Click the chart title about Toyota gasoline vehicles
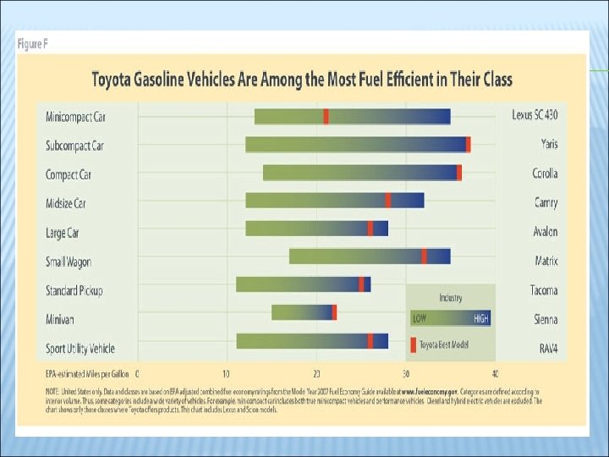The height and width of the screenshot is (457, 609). tap(302, 80)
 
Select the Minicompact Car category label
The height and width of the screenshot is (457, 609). tap(76, 116)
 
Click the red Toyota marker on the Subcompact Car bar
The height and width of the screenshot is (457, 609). tap(469, 145)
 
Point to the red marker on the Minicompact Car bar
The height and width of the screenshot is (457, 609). tap(326, 116)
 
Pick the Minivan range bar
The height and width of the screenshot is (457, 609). tap(304, 312)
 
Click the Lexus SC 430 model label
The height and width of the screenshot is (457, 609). tap(535, 115)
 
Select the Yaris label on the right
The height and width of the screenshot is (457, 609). tap(548, 145)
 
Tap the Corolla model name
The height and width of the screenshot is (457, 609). tap(544, 173)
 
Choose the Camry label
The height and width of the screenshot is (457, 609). tap(546, 203)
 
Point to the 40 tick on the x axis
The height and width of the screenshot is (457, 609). tap(495, 373)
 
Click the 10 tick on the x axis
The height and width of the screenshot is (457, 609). tap(226, 373)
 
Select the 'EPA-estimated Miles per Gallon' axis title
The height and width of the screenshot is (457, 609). tap(85, 373)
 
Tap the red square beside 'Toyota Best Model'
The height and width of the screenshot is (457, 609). tap(413, 344)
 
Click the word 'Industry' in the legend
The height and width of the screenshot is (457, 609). tap(450, 298)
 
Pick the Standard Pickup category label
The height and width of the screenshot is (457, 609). tap(74, 290)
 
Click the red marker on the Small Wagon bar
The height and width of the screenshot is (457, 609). tap(424, 256)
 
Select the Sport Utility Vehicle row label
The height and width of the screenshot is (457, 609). tap(80, 349)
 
